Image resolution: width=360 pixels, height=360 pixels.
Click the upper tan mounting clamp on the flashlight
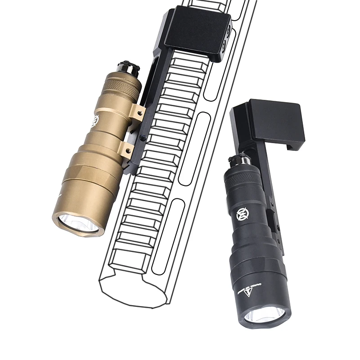[136, 112]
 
